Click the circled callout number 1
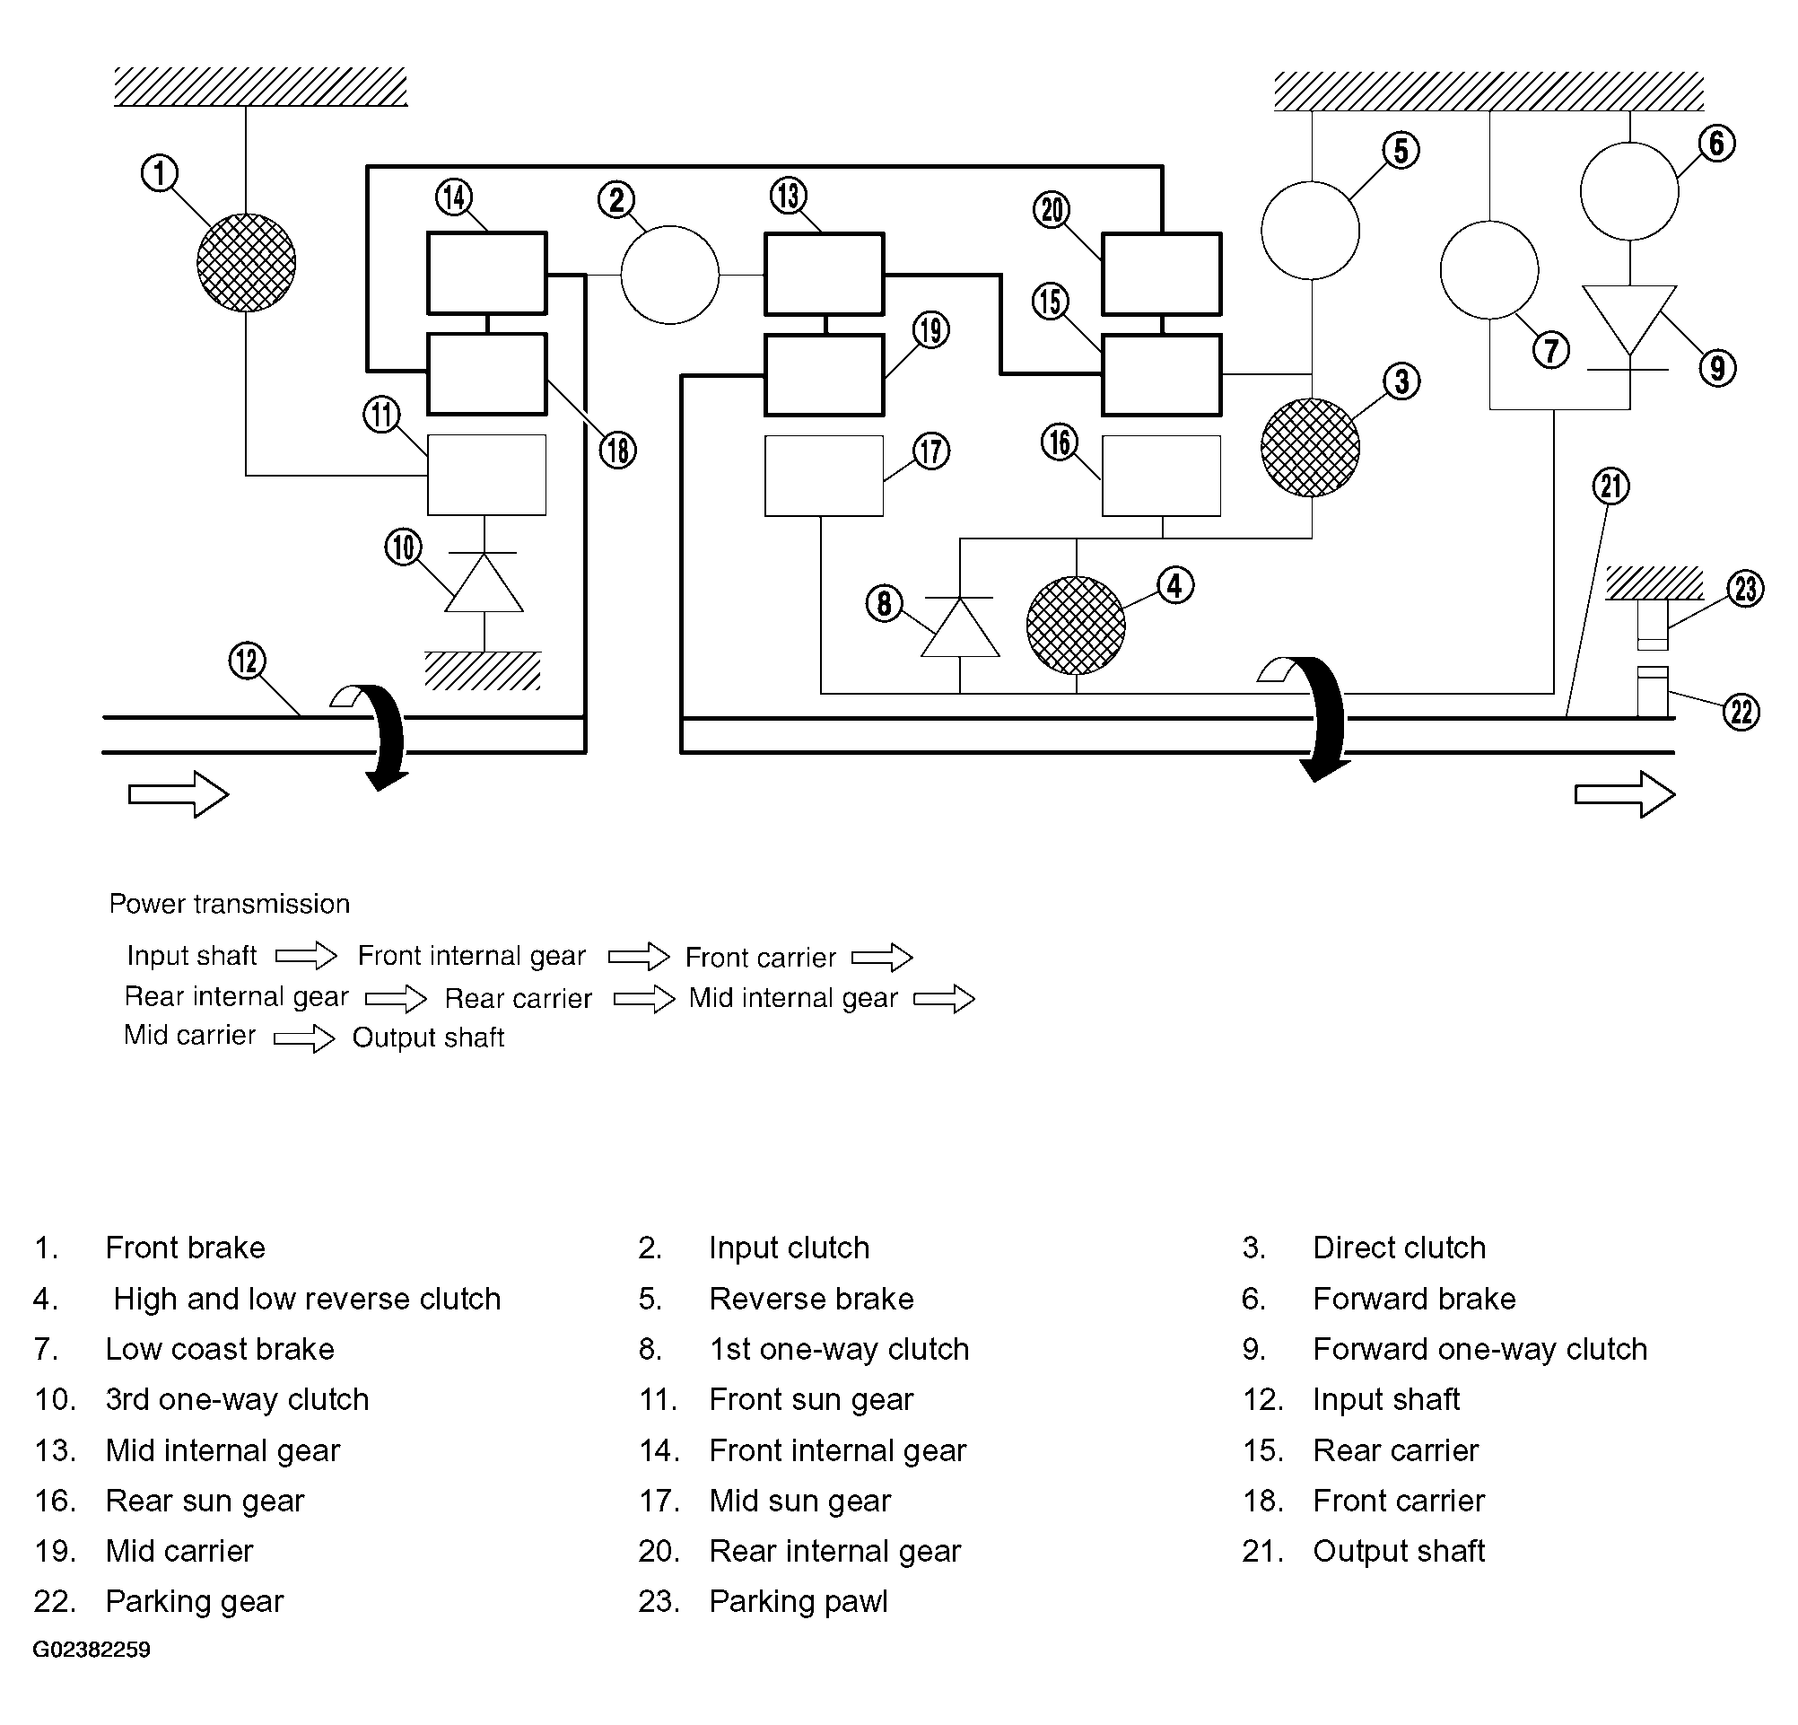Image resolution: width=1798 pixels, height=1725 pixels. coord(159,173)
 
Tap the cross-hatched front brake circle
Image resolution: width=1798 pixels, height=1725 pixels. coord(246,262)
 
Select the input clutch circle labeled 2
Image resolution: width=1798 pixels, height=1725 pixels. coord(669,275)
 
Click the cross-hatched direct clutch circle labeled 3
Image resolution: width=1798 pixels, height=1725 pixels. coord(1310,448)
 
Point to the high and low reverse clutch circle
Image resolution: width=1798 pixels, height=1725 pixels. coord(1075,626)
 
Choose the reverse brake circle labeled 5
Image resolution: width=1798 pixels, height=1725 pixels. coord(1310,230)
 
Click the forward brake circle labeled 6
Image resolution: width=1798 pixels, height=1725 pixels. coord(1629,191)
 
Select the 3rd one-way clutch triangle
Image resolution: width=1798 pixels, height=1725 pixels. coord(484,582)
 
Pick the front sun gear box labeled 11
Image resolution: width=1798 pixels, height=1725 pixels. coord(487,476)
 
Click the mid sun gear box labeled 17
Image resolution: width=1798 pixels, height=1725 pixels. coord(824,476)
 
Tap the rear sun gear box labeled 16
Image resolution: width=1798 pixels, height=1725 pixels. coord(1161,476)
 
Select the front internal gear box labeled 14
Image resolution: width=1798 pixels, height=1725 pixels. coord(487,274)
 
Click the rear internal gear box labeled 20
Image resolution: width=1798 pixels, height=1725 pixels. coord(1161,274)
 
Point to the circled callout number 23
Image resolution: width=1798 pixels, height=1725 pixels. coord(1746,588)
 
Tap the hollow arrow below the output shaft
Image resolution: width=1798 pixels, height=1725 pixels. coord(1625,793)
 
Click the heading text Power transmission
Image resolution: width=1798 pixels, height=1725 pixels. coord(230,904)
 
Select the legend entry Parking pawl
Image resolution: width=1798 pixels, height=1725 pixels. coord(799,1601)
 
